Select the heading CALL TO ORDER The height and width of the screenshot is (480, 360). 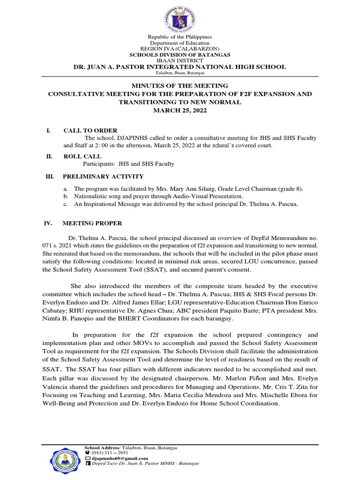90,130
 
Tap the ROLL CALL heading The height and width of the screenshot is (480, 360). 82,156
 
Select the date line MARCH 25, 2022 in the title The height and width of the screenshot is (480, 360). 180,110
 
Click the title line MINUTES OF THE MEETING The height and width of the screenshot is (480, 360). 180,86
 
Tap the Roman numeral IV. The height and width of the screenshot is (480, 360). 48,223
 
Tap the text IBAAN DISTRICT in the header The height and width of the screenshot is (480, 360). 180,60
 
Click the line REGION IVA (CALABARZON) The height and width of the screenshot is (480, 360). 180,49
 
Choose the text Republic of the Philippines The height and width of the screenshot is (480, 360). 180,37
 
